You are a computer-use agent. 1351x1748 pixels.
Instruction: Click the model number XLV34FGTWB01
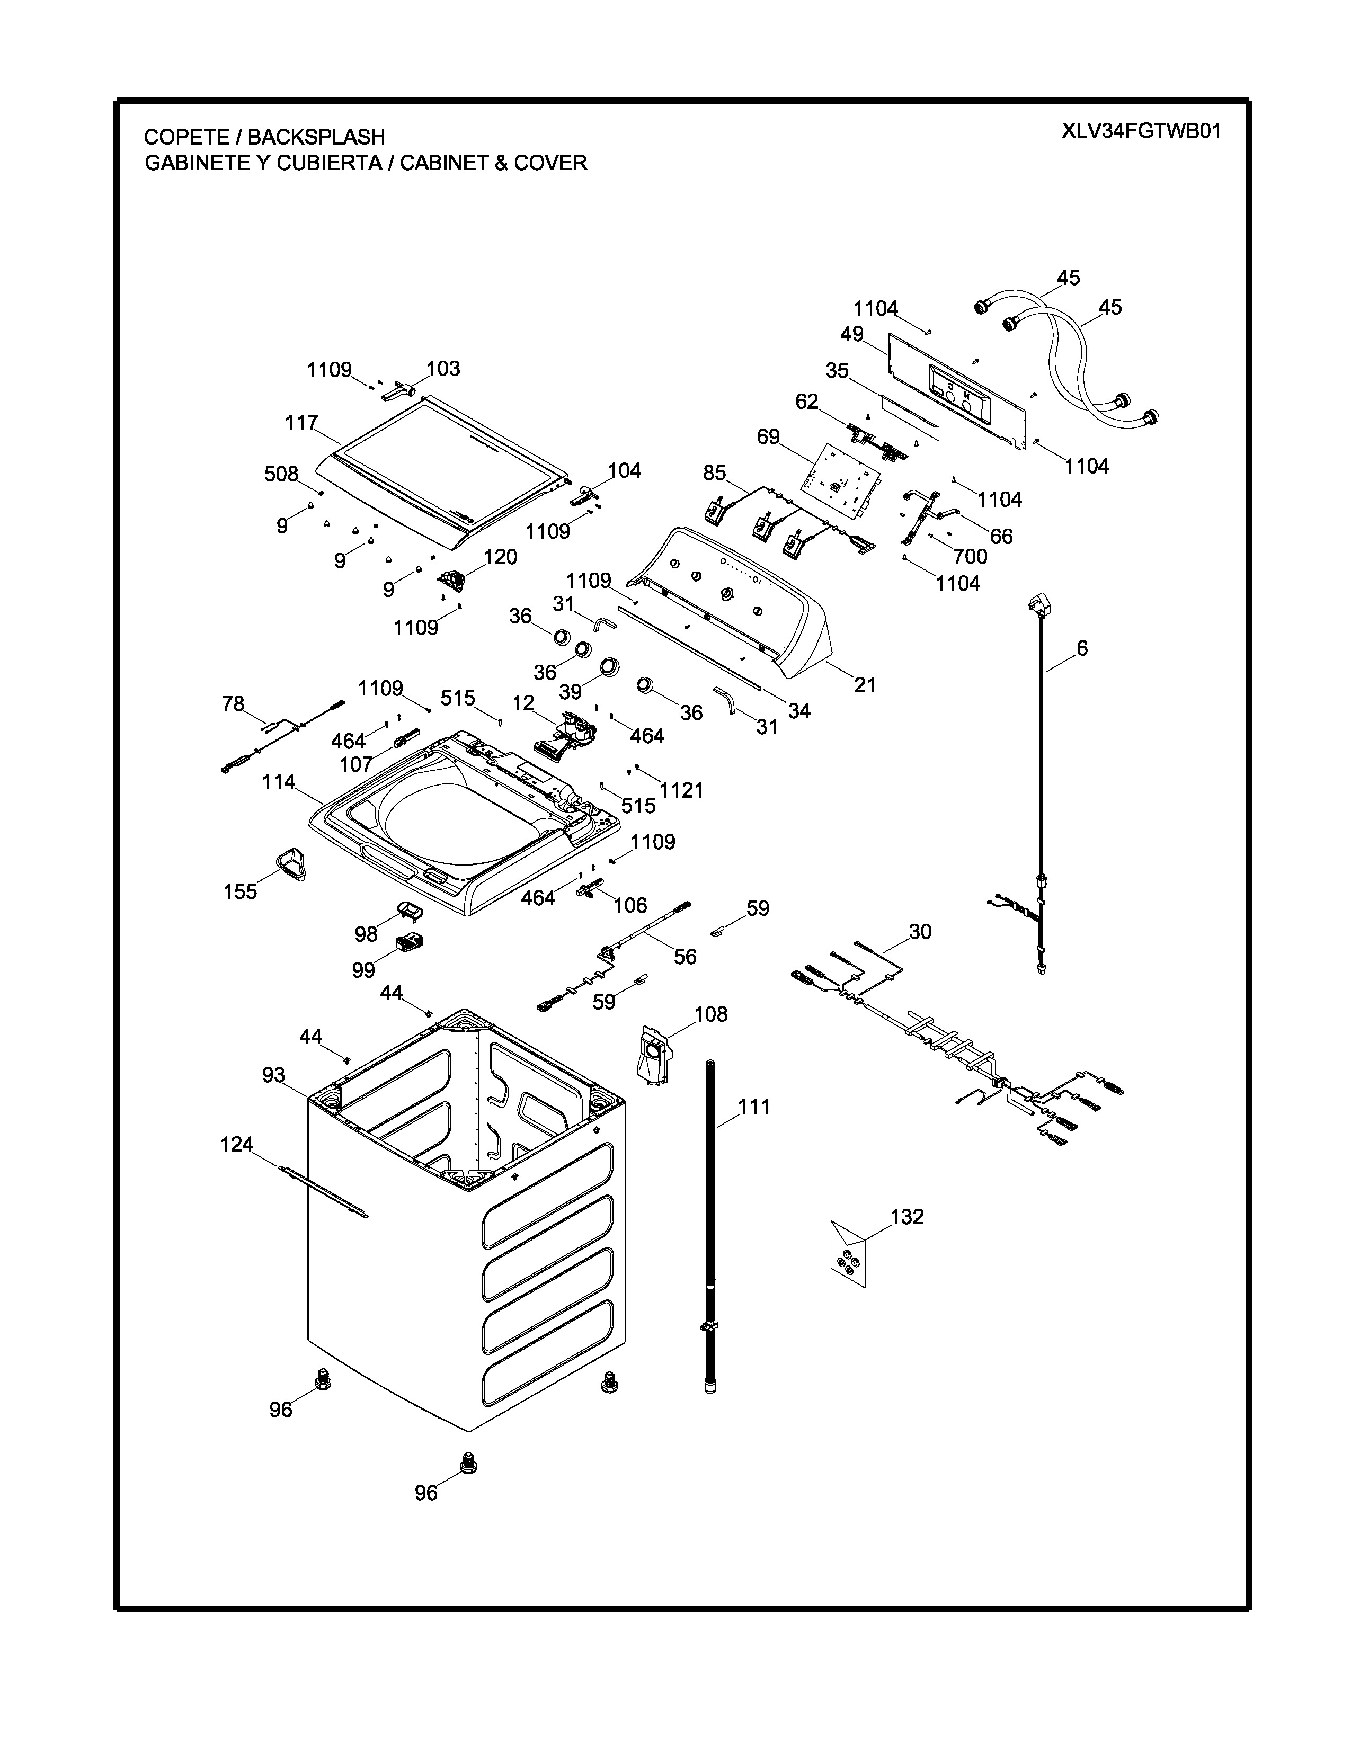[x=1141, y=132]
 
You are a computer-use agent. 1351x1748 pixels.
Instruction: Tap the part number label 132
[x=907, y=1217]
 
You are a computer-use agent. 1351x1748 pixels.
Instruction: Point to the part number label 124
[x=237, y=1145]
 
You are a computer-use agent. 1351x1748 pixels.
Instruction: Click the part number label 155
[x=240, y=891]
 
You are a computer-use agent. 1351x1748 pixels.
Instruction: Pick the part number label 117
[x=302, y=423]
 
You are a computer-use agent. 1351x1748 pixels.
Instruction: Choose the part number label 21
[x=865, y=684]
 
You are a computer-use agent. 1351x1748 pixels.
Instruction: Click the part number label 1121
[x=681, y=791]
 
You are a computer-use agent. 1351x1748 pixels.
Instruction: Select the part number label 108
[x=710, y=1015]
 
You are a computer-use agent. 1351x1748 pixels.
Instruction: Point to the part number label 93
[x=274, y=1075]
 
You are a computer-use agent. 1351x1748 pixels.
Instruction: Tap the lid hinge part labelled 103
[x=399, y=391]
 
